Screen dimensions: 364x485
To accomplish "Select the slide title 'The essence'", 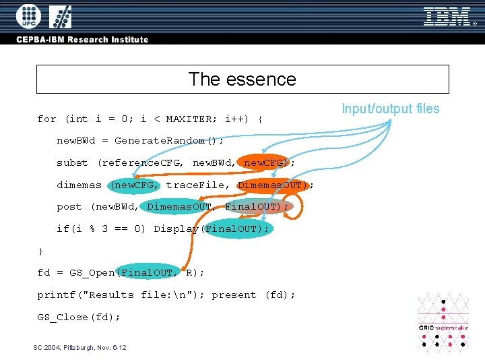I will tap(243, 79).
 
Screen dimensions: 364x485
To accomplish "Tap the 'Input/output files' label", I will tap(390, 109).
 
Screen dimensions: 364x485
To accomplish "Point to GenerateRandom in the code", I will tap(159, 141).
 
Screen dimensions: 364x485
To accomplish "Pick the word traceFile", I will tap(195, 185).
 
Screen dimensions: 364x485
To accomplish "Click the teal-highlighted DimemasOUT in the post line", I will tap(179, 207).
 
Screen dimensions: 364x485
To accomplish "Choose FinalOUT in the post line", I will tap(253, 207).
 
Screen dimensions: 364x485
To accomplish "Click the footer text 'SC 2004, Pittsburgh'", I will tap(79, 348).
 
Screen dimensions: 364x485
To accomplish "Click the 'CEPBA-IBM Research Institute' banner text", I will tap(83, 39).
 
